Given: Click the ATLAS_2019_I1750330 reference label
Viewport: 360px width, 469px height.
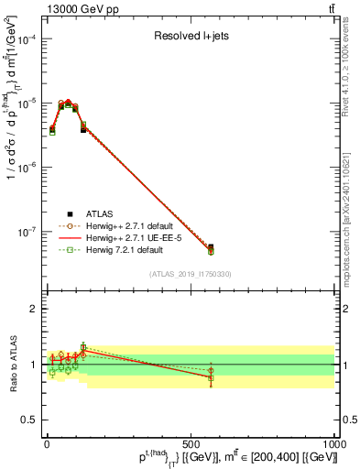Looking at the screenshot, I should [190, 273].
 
